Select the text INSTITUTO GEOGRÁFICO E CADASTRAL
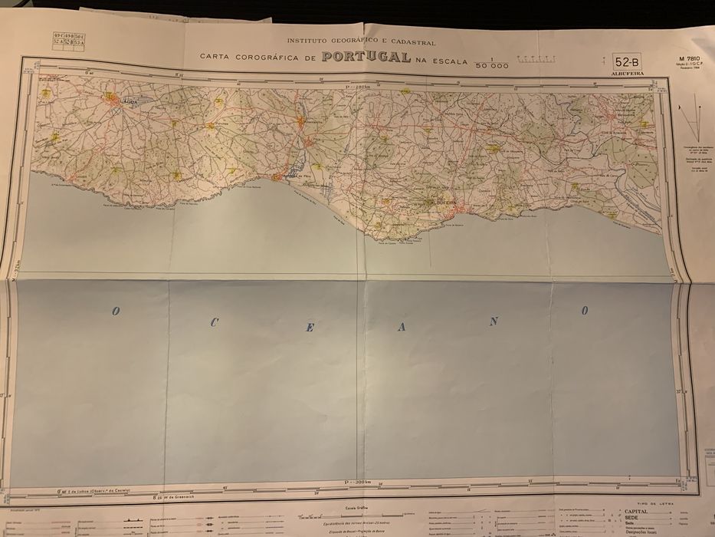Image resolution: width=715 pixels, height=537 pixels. (361, 41)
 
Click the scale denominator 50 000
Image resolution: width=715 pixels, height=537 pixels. (491, 67)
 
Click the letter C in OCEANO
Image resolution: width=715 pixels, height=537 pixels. (214, 323)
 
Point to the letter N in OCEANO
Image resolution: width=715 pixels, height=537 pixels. (494, 321)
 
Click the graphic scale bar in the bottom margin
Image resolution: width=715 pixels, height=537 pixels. (360, 512)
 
